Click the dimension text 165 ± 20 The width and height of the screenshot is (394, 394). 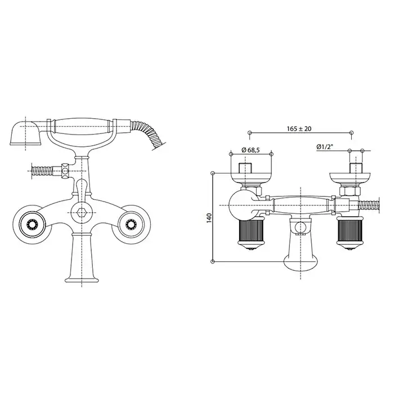pos(299,129)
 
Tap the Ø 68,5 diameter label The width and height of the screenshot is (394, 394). pos(250,150)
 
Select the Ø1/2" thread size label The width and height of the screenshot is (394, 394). pos(325,147)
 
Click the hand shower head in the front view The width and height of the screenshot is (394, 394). pos(25,133)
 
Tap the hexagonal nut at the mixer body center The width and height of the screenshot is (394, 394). pos(82,212)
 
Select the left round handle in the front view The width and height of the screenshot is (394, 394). pos(32,223)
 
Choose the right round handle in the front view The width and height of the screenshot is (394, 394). pos(131,223)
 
